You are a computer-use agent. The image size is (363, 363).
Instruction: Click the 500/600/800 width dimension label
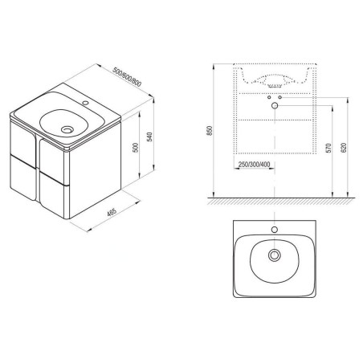click(127, 77)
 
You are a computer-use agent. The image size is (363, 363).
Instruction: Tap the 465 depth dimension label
click(112, 212)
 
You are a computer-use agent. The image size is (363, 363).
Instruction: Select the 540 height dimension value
click(150, 137)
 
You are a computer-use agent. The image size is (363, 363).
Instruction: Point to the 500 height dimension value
click(136, 148)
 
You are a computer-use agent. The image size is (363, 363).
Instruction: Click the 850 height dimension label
click(210, 131)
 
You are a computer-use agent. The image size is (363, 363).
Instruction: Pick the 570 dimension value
click(328, 148)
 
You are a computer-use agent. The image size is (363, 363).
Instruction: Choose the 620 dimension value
click(344, 148)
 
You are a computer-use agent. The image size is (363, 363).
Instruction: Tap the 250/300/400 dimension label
click(254, 165)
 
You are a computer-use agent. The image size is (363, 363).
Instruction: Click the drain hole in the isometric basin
click(67, 130)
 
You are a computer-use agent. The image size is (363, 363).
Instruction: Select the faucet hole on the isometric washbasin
click(86, 102)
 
